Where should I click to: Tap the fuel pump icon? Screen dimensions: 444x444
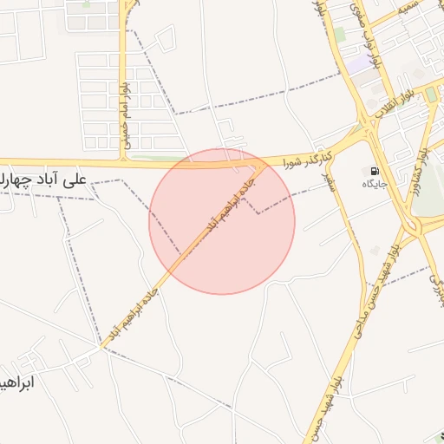(x=375, y=171)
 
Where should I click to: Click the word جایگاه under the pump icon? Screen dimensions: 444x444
(x=375, y=184)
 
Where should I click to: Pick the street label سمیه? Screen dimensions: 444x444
(x=405, y=8)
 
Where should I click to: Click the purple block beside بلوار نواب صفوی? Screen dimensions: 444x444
(x=356, y=63)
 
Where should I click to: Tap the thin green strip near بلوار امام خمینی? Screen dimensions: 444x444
(x=156, y=158)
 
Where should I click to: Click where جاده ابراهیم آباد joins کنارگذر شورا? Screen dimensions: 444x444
(x=264, y=163)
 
